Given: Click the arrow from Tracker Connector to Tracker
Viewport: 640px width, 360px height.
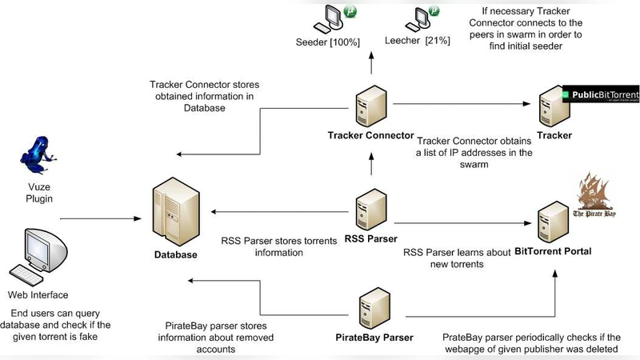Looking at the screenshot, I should coord(464,102).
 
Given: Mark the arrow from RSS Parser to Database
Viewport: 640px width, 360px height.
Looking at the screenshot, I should coord(280,212).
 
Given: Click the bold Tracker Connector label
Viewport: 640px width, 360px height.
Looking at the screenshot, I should coord(370,135).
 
